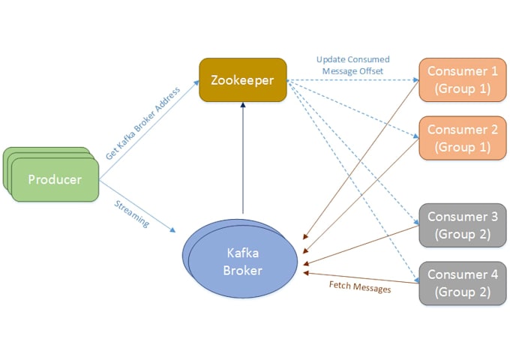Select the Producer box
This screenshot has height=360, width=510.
(x=55, y=179)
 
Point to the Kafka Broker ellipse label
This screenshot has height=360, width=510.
(x=242, y=262)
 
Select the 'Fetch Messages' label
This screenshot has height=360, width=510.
(x=360, y=286)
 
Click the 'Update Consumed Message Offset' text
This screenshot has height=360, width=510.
(x=352, y=65)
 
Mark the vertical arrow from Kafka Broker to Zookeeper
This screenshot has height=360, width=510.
(x=243, y=157)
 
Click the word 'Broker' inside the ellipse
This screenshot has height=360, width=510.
(x=242, y=271)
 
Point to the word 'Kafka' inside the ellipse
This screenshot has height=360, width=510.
(x=242, y=253)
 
